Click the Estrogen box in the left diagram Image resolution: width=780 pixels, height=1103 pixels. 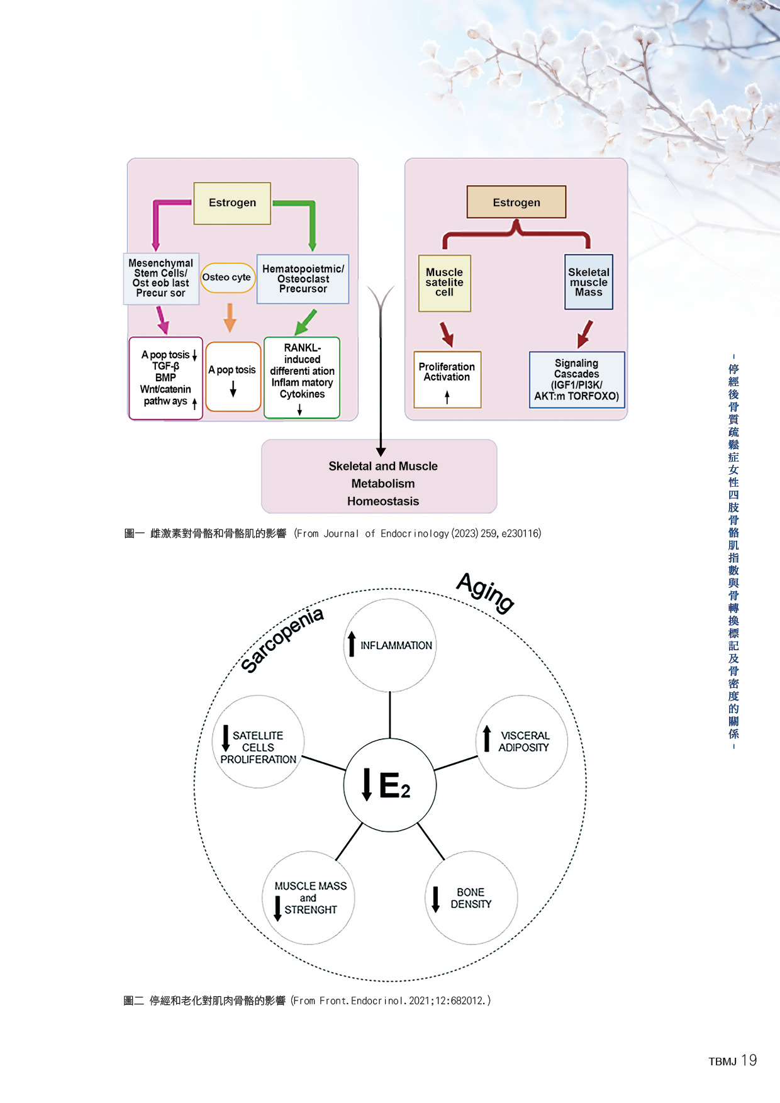232,203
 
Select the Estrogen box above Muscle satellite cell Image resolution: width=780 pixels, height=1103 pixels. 516,202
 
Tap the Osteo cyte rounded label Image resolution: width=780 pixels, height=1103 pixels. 227,277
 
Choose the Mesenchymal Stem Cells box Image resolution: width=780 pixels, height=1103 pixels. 161,279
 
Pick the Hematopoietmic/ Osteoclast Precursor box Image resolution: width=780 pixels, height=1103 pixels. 303,279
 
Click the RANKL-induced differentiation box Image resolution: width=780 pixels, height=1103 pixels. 302,377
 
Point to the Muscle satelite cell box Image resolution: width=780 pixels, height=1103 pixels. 444,283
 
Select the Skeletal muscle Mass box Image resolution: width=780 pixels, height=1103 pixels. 589,282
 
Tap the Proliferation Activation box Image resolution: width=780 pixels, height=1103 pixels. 447,379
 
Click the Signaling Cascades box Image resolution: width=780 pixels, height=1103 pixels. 577,380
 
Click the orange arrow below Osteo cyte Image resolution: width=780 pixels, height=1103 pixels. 230,318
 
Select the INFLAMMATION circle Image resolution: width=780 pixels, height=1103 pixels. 390,645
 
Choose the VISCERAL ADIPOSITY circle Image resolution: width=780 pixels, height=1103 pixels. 522,741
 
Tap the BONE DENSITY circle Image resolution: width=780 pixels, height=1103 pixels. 471,898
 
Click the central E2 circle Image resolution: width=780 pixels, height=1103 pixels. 389,785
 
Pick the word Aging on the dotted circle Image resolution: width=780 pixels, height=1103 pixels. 485,592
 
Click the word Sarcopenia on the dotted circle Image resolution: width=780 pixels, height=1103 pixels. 282,639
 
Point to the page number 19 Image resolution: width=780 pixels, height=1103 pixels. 749,1060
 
